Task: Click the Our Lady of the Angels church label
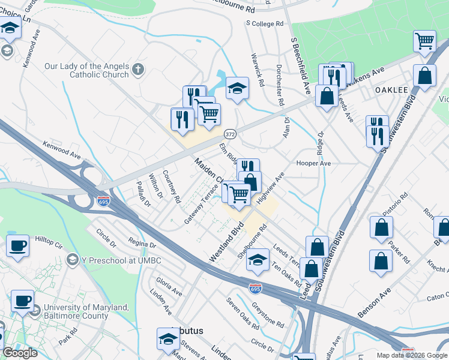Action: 86,70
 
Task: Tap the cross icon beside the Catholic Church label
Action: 138,70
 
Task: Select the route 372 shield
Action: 229,133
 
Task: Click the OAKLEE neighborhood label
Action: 391,89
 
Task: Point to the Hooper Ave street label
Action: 314,163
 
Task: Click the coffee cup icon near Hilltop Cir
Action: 18,245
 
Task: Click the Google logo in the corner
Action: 20,353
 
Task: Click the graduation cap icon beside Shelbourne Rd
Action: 257,260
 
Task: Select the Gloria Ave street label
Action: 169,286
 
